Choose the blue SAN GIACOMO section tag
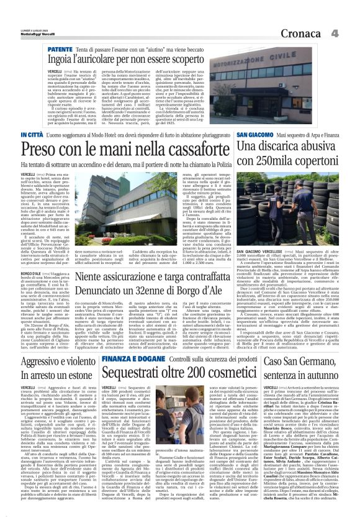click(x=258, y=135)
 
